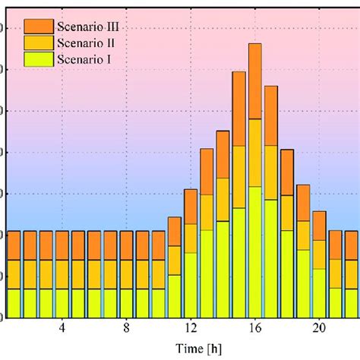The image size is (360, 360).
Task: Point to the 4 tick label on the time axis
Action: [x=62, y=328]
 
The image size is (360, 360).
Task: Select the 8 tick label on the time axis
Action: [x=126, y=328]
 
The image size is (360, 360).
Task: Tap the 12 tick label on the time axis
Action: [x=191, y=328]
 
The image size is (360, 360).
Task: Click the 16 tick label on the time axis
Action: [x=255, y=328]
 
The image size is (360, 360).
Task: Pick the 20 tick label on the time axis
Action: [x=320, y=328]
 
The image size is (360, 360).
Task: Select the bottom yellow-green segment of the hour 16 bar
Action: [x=255, y=251]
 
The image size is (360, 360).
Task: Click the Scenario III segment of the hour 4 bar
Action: [x=62, y=245]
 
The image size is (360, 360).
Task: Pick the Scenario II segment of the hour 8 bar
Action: [x=126, y=274]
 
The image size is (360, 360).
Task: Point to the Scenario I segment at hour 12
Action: [x=191, y=285]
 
